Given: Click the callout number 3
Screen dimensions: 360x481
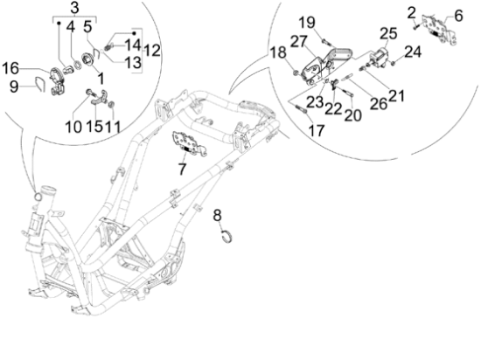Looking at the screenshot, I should coord(74,10).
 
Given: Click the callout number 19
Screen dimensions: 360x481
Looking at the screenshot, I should coord(307,22).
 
